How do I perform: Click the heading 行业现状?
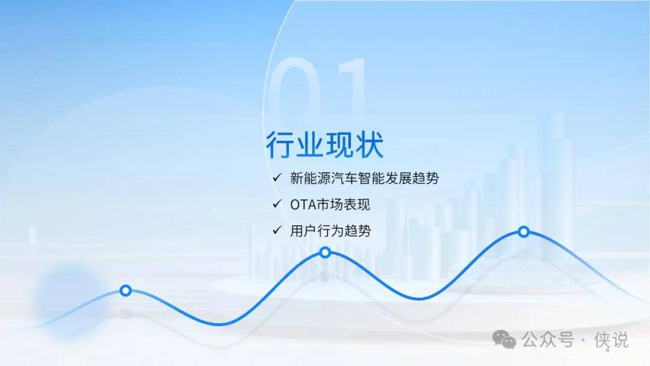[324, 144]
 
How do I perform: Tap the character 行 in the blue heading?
[280, 144]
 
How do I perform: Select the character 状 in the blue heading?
[369, 144]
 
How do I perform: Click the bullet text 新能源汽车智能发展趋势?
[364, 178]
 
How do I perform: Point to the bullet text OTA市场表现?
[330, 204]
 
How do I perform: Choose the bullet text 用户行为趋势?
[330, 231]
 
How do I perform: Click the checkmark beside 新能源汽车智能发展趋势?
[277, 178]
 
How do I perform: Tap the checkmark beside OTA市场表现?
[277, 204]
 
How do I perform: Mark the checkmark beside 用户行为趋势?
[277, 230]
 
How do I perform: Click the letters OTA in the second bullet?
[303, 205]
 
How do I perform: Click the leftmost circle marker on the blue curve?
[126, 291]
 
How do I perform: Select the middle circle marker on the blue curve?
[326, 252]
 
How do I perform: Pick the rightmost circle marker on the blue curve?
[524, 232]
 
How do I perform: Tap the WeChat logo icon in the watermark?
[504, 340]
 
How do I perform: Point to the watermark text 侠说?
[611, 340]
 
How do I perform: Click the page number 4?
[608, 351]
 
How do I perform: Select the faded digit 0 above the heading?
[296, 87]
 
